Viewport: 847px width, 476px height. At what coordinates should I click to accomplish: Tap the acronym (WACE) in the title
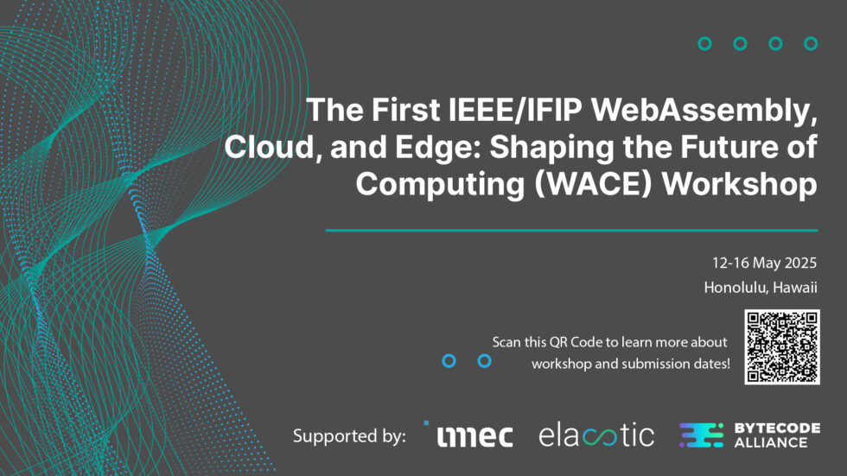[593, 184]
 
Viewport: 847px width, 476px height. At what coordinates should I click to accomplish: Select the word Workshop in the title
[740, 185]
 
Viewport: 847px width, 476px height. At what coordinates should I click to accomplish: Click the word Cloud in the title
[269, 146]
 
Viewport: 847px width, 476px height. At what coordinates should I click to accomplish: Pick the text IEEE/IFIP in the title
[515, 110]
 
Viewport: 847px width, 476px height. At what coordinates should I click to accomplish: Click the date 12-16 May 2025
[764, 263]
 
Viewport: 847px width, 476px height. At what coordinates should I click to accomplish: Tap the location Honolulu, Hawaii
[760, 287]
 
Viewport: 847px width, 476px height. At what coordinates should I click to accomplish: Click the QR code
[781, 347]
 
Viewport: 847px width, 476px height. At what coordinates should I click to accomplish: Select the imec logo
[468, 435]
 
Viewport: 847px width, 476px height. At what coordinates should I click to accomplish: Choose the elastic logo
[596, 435]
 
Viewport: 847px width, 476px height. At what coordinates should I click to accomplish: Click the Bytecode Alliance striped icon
[701, 435]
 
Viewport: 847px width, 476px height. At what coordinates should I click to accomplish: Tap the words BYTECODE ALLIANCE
[777, 435]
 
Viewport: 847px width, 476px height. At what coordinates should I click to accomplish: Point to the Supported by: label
[349, 435]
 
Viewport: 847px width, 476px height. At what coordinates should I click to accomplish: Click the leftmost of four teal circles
[704, 44]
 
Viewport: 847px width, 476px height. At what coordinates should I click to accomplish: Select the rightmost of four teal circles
[811, 44]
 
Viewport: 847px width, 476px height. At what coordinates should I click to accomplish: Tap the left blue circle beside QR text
[449, 361]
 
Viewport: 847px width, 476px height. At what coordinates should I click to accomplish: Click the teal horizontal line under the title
[571, 231]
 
